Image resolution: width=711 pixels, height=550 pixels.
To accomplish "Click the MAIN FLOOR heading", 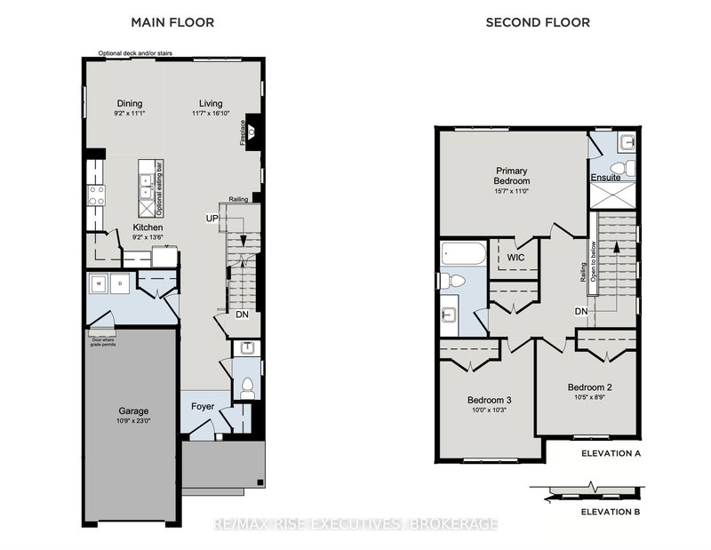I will tap(172, 22).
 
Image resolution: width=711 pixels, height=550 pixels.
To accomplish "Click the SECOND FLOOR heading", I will tap(537, 22).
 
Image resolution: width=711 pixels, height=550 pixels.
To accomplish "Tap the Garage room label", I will tap(134, 411).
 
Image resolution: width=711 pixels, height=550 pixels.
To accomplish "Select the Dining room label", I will tap(130, 104).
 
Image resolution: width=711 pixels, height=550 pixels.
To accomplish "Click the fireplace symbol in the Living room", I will tap(252, 131).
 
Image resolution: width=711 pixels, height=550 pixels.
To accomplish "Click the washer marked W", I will tap(100, 284).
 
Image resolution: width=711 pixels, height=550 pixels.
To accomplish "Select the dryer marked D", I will tap(120, 284).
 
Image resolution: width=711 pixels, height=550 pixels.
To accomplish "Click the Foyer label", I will tap(204, 407).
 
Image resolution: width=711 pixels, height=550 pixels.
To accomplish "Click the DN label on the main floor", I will tap(242, 315).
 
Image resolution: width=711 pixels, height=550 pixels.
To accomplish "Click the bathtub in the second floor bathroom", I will tap(463, 254).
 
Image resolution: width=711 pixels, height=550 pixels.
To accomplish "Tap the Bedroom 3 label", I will tap(489, 400).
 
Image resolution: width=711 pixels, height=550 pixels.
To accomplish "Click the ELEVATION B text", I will tap(610, 512).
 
